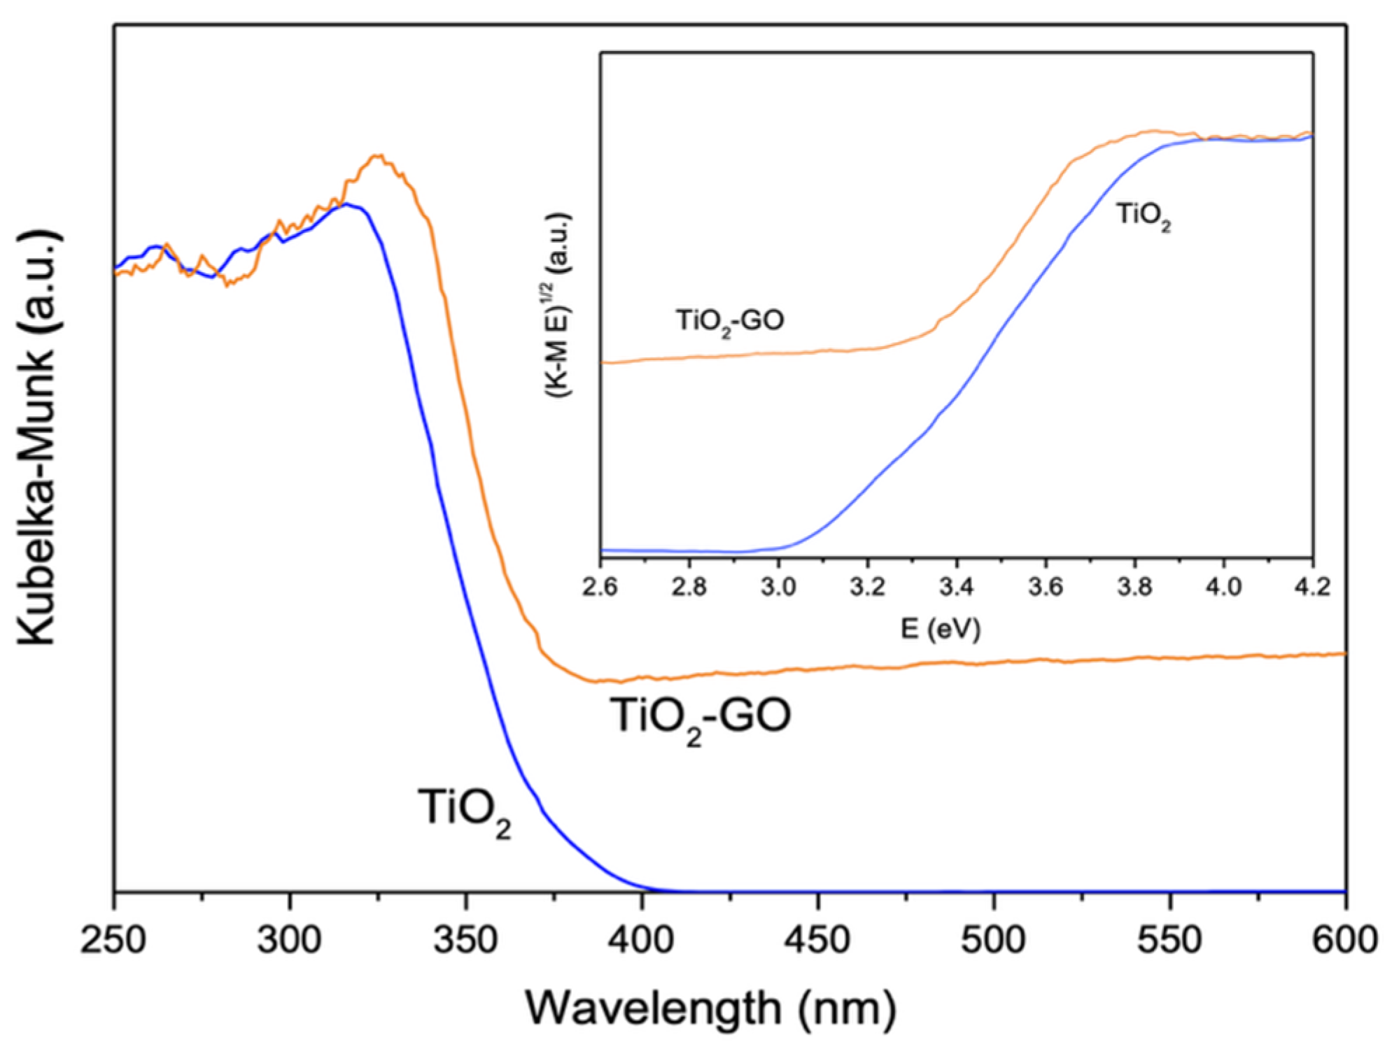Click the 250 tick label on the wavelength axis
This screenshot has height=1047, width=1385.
click(x=113, y=939)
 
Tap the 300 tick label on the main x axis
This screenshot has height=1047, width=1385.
click(x=289, y=939)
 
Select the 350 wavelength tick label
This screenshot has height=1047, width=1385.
click(x=465, y=939)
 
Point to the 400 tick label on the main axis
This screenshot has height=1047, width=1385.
click(x=642, y=939)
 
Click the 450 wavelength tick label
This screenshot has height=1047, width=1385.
click(x=817, y=939)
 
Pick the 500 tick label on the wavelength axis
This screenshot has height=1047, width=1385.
click(x=994, y=939)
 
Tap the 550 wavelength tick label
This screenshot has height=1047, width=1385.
click(x=1169, y=939)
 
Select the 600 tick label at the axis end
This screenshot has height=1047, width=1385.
click(x=1344, y=939)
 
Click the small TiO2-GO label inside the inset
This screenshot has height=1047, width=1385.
click(x=729, y=322)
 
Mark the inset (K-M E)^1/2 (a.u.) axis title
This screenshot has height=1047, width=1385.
click(x=559, y=304)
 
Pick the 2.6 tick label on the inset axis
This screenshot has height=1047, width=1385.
click(x=600, y=586)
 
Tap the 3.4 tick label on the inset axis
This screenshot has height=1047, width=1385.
click(x=956, y=586)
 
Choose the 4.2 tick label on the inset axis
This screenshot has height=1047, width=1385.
click(x=1312, y=586)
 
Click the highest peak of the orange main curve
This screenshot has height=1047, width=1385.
click(x=377, y=156)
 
